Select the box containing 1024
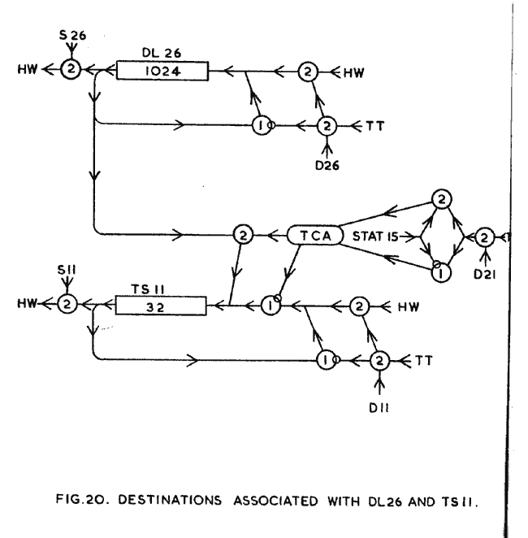point(162,72)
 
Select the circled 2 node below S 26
point(71,72)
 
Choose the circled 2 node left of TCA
point(242,235)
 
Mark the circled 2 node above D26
point(327,127)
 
